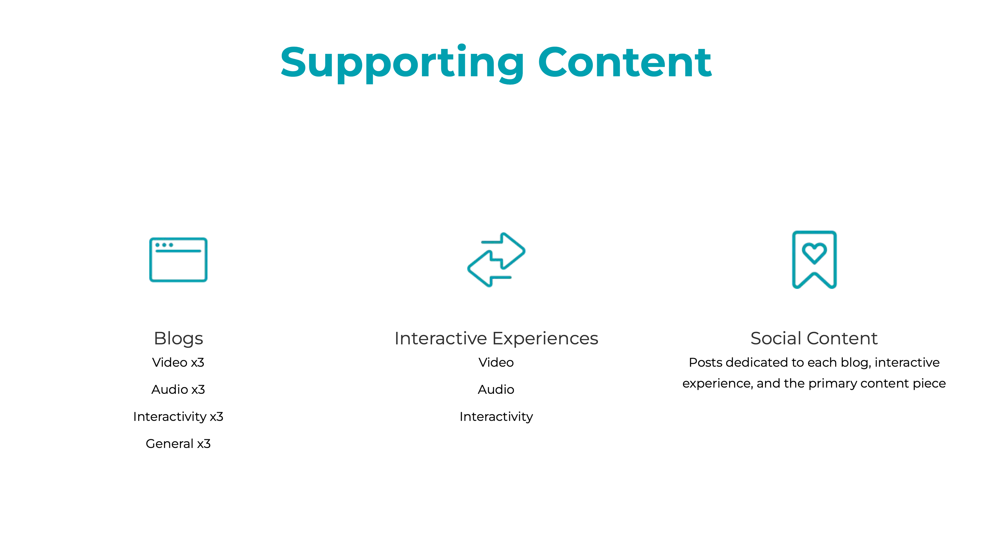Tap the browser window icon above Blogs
pos(178,260)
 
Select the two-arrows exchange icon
pos(496,259)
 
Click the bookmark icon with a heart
pos(814,259)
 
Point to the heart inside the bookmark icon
pos(814,253)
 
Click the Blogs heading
pos(178,338)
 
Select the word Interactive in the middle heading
pos(441,338)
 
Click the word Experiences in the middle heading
pos(545,338)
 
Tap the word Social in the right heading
pos(776,338)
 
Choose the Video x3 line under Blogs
pos(178,363)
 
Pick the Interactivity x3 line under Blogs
pos(178,417)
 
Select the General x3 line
pos(178,444)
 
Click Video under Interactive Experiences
pos(496,363)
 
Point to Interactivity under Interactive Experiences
pos(496,417)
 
